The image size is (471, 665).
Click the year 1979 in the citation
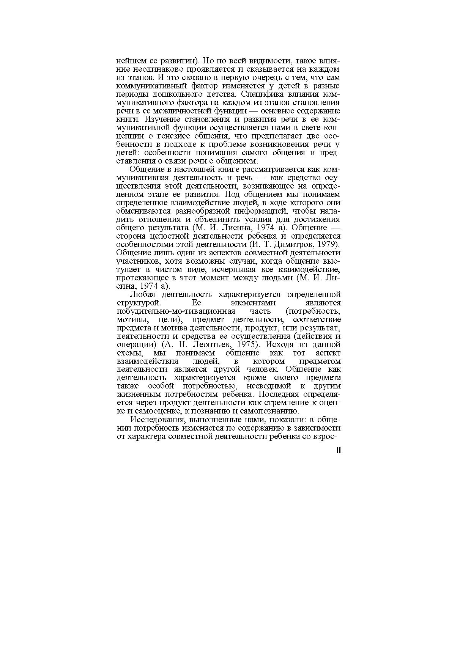pos(329,244)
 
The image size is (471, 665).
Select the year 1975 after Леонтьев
pos(247,345)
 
